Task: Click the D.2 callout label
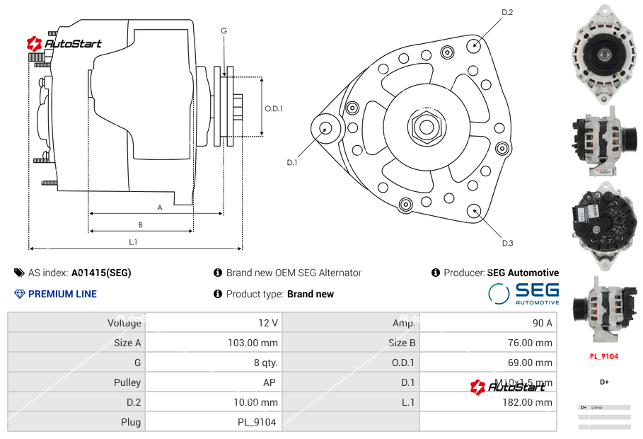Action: [507, 13]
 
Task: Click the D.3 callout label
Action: [507, 244]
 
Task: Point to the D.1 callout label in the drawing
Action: [291, 163]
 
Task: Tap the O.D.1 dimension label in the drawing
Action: [274, 109]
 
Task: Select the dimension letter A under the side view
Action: [160, 208]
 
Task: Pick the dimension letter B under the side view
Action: [141, 225]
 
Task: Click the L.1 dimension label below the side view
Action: [133, 242]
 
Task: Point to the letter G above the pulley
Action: [224, 30]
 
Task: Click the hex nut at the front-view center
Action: [426, 127]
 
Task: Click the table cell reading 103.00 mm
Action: [258, 343]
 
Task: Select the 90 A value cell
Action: [542, 323]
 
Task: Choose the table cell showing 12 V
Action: [267, 323]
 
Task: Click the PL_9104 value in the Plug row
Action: [256, 422]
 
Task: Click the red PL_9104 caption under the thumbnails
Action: [604, 356]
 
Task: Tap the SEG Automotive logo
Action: [523, 293]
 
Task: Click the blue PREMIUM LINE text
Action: [62, 294]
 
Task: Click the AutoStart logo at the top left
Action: [64, 44]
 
